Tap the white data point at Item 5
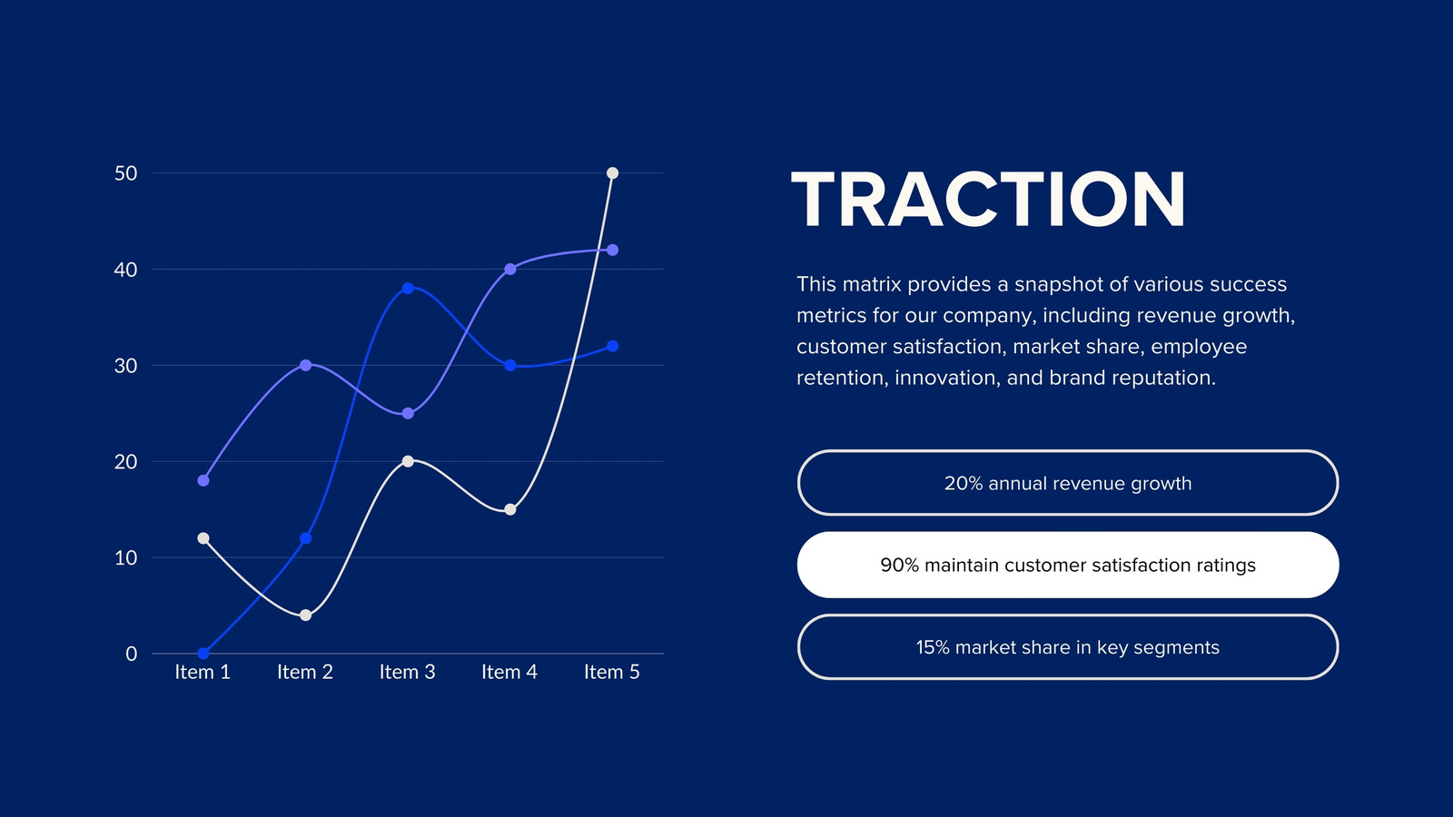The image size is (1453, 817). pyautogui.click(x=612, y=173)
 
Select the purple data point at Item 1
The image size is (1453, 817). pyautogui.click(x=203, y=480)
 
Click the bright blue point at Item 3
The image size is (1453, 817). pyautogui.click(x=408, y=289)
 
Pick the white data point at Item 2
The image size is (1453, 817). pyautogui.click(x=305, y=615)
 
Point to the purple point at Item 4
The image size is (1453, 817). pyautogui.click(x=509, y=269)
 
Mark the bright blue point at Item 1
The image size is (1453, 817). pyautogui.click(x=203, y=654)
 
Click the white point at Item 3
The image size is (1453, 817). pyautogui.click(x=408, y=462)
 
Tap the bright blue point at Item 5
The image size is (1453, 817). pyautogui.click(x=612, y=346)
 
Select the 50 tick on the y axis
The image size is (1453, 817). pyautogui.click(x=126, y=173)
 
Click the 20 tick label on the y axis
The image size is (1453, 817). pyautogui.click(x=126, y=462)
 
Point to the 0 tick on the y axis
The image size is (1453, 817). pyautogui.click(x=132, y=654)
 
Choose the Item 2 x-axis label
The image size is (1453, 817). pyautogui.click(x=305, y=672)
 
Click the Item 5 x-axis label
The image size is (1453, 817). pyautogui.click(x=612, y=672)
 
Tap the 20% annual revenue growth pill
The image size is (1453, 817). pyautogui.click(x=1068, y=483)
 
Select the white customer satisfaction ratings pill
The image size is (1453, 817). pyautogui.click(x=1068, y=565)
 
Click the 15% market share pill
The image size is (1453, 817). pyautogui.click(x=1068, y=647)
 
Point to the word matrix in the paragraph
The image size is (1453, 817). pyautogui.click(x=872, y=284)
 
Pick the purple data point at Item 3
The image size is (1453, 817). pyautogui.click(x=408, y=414)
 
